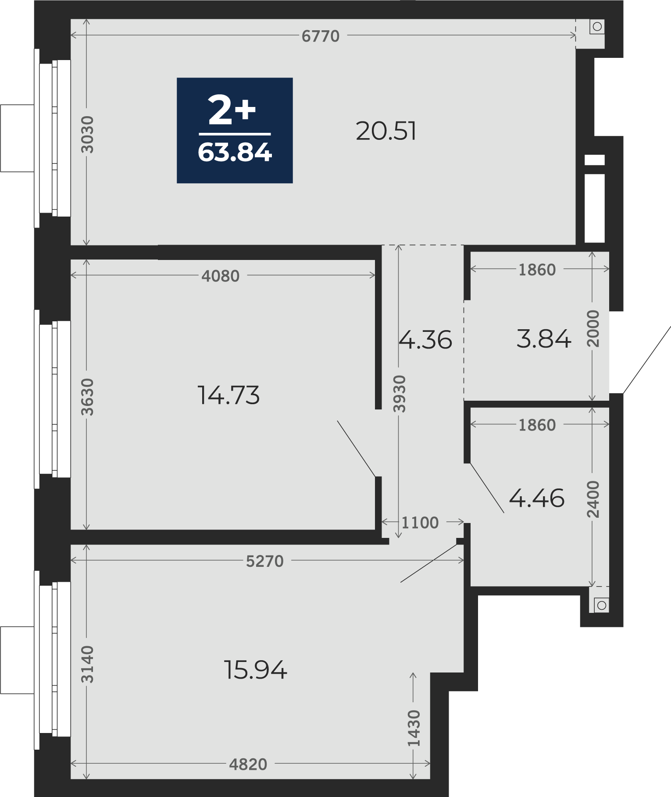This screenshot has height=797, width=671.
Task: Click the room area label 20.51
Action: (x=386, y=131)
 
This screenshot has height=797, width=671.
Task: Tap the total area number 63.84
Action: (x=235, y=153)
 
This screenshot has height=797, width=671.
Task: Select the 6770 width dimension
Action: (x=321, y=36)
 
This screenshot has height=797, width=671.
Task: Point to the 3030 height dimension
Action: (x=88, y=134)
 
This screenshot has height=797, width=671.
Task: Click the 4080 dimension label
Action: (x=221, y=276)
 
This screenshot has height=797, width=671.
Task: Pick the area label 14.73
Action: (x=228, y=395)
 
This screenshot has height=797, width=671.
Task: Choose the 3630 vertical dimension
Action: (x=88, y=397)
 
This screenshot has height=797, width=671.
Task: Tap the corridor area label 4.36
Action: (x=425, y=340)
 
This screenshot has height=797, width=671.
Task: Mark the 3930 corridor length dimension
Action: (x=399, y=394)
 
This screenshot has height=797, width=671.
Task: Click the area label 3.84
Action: (x=544, y=339)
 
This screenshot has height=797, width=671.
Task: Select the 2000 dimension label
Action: (x=593, y=328)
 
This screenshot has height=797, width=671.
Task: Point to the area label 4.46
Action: (x=537, y=498)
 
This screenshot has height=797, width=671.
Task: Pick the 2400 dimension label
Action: (x=593, y=499)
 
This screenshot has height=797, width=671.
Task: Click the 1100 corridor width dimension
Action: (x=420, y=523)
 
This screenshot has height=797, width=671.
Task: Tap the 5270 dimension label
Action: (x=265, y=561)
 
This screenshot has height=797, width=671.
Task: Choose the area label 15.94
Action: (x=256, y=670)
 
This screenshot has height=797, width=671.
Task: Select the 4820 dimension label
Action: (x=248, y=765)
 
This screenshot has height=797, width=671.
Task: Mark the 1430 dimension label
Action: (x=414, y=728)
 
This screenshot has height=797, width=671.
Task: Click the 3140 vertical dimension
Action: (x=88, y=664)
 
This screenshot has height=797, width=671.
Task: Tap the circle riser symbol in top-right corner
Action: (x=597, y=27)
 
